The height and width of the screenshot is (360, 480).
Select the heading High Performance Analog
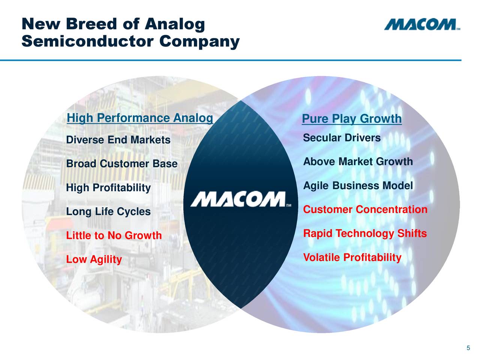click(x=139, y=118)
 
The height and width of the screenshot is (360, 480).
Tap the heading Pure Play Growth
click(x=351, y=119)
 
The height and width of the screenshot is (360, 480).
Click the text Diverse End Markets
click(x=118, y=140)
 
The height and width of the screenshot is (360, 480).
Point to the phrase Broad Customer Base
click(x=121, y=164)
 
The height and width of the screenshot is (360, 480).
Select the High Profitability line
click(x=108, y=187)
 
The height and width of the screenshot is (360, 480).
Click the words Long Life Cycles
click(x=108, y=212)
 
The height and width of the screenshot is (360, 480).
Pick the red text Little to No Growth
click(x=114, y=235)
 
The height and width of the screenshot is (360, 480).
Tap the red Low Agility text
click(x=94, y=259)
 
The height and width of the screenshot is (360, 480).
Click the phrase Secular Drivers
click(x=342, y=138)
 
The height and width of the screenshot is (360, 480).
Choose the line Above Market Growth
click(x=358, y=162)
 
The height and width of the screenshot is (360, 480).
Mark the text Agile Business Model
click(x=358, y=186)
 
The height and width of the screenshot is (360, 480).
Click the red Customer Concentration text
click(x=365, y=209)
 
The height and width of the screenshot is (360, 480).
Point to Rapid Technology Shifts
click(x=364, y=234)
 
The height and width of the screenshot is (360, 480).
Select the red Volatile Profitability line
click(x=352, y=258)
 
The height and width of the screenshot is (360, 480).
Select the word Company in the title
click(x=199, y=41)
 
